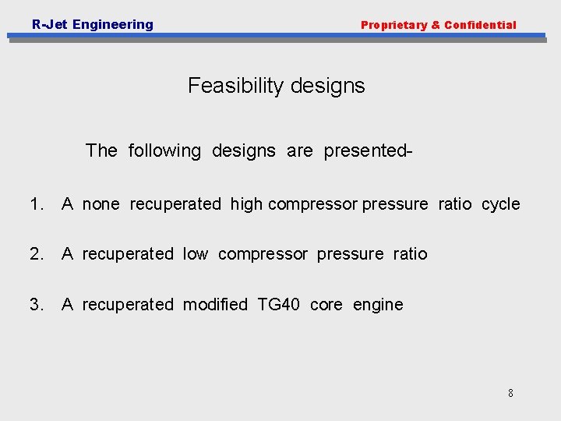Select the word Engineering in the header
pos(113,25)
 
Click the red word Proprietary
pos(393,25)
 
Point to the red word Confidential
pos(480,25)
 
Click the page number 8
pos(510,393)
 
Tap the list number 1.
pos(36,204)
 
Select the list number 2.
pos(36,254)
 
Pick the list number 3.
pos(36,305)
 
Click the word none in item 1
pos(101,204)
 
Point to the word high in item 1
pos(246,204)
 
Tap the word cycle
pos(500,204)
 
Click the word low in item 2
pos(196,254)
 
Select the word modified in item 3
pos(215,305)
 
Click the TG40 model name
pos(278,305)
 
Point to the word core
pos(326,305)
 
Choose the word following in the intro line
pos(164,150)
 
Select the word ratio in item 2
pos(410,254)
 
